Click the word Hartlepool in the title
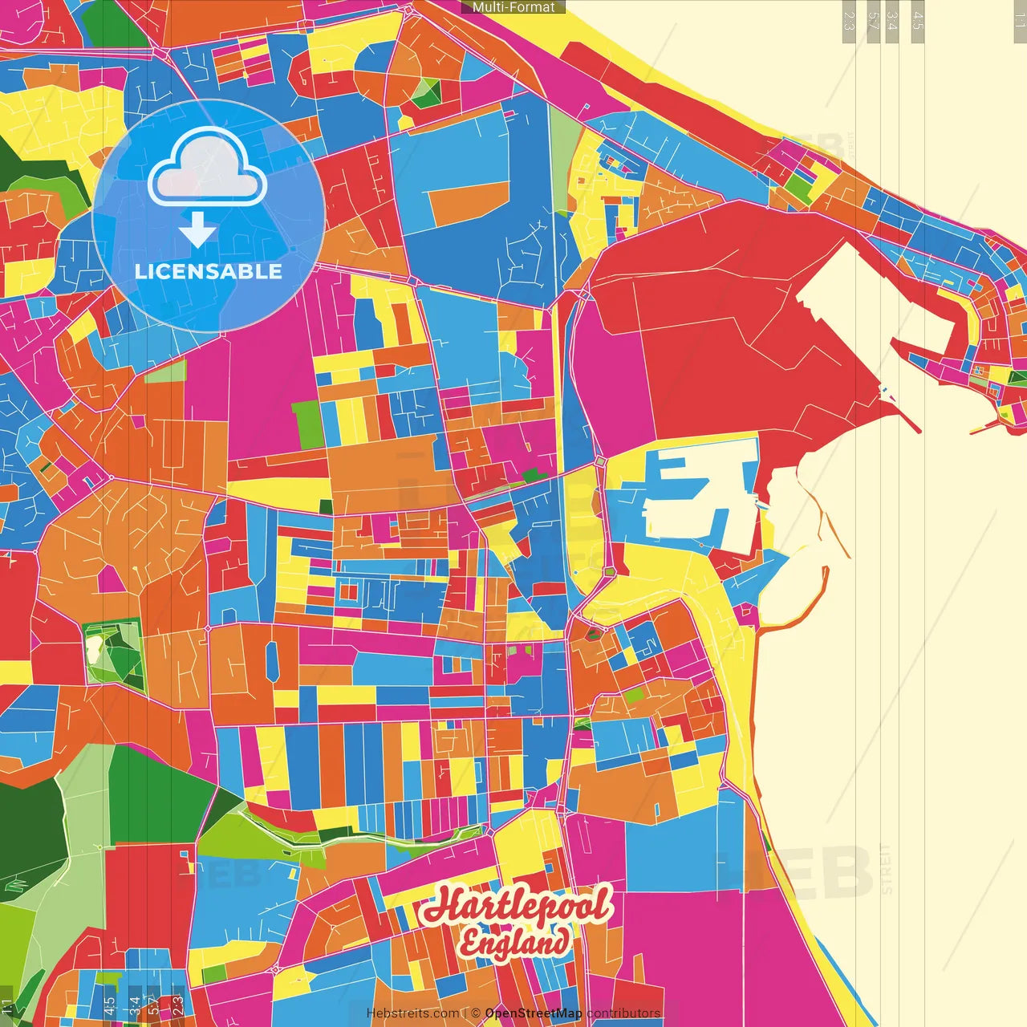pyautogui.click(x=518, y=906)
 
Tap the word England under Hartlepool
pyautogui.click(x=513, y=942)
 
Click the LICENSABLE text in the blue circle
pyautogui.click(x=209, y=271)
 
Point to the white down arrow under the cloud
pyautogui.click(x=197, y=229)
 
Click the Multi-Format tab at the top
pyautogui.click(x=513, y=7)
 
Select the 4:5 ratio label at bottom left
pyautogui.click(x=109, y=1005)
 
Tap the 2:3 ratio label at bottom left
pyautogui.click(x=177, y=1005)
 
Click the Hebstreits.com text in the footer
pyautogui.click(x=413, y=1013)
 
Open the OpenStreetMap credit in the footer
pyautogui.click(x=534, y=1013)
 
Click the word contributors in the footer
pyautogui.click(x=623, y=1013)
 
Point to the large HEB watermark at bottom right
pyautogui.click(x=794, y=871)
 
